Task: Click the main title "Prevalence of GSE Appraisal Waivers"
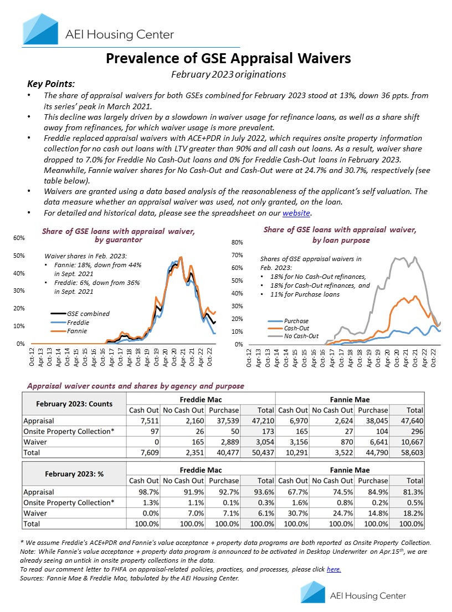228,58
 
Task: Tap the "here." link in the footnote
334,569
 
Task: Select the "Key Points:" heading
51,84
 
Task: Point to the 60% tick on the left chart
18,238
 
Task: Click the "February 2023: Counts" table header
74,404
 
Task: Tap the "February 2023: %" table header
74,475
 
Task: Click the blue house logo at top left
40,29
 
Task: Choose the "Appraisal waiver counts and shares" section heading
135,385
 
